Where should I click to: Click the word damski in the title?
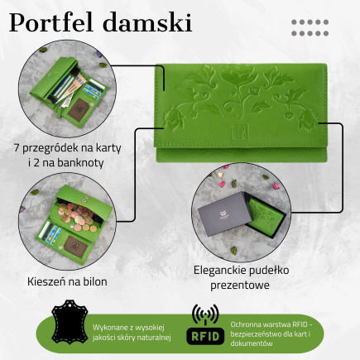click(x=151, y=22)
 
